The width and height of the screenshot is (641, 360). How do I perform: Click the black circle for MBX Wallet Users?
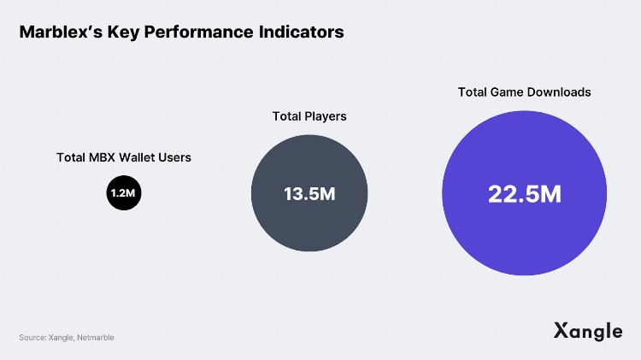(x=123, y=193)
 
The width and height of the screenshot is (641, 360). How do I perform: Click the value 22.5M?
(x=524, y=194)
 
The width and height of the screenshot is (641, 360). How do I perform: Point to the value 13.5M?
(x=309, y=194)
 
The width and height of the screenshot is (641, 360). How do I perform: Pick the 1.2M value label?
(x=123, y=194)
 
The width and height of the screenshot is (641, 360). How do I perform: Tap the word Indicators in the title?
(x=300, y=32)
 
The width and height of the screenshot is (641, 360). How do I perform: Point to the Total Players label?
(x=309, y=116)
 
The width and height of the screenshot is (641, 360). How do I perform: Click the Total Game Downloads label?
(x=524, y=91)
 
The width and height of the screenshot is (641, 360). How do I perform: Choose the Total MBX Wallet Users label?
(x=124, y=157)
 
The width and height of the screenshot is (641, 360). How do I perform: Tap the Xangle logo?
(x=587, y=331)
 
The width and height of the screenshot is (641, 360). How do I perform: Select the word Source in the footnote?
(x=32, y=338)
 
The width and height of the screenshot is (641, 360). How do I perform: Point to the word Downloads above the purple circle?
(x=560, y=91)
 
